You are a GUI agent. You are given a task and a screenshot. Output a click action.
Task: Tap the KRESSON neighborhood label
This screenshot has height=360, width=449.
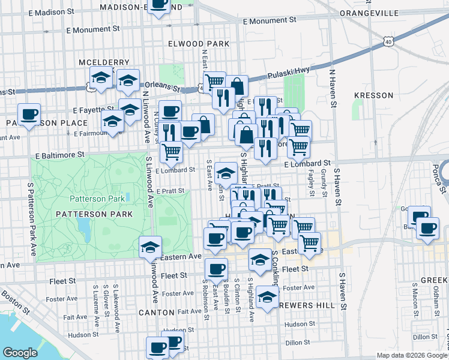373,95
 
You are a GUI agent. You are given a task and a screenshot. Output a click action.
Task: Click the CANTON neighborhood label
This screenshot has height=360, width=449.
156,313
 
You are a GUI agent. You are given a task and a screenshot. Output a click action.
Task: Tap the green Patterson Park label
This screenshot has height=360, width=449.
97,199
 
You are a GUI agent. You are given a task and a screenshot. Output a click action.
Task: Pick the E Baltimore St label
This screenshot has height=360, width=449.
58,154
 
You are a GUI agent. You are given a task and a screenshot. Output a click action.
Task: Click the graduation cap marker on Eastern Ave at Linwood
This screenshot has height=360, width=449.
150,246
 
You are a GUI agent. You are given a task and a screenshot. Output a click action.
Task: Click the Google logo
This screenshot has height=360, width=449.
21,353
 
